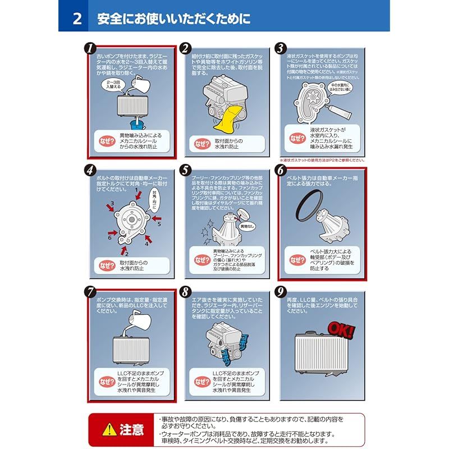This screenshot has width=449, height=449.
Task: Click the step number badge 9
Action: pyautogui.click(x=281, y=291)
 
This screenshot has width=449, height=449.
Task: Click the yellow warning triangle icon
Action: pyautogui.click(x=106, y=429)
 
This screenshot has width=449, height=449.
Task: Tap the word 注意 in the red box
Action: pyautogui.click(x=131, y=430)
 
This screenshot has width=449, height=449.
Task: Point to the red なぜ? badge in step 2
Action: pyautogui.click(x=200, y=143)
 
